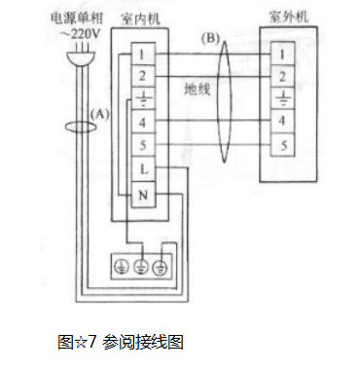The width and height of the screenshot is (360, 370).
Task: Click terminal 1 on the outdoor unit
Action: pyautogui.click(x=282, y=53)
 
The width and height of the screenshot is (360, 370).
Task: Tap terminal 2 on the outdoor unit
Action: pyautogui.click(x=282, y=76)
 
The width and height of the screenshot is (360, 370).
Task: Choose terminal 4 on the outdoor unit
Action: pyautogui.click(x=282, y=122)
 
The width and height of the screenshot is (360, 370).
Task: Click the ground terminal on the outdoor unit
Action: pyautogui.click(x=282, y=98)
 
